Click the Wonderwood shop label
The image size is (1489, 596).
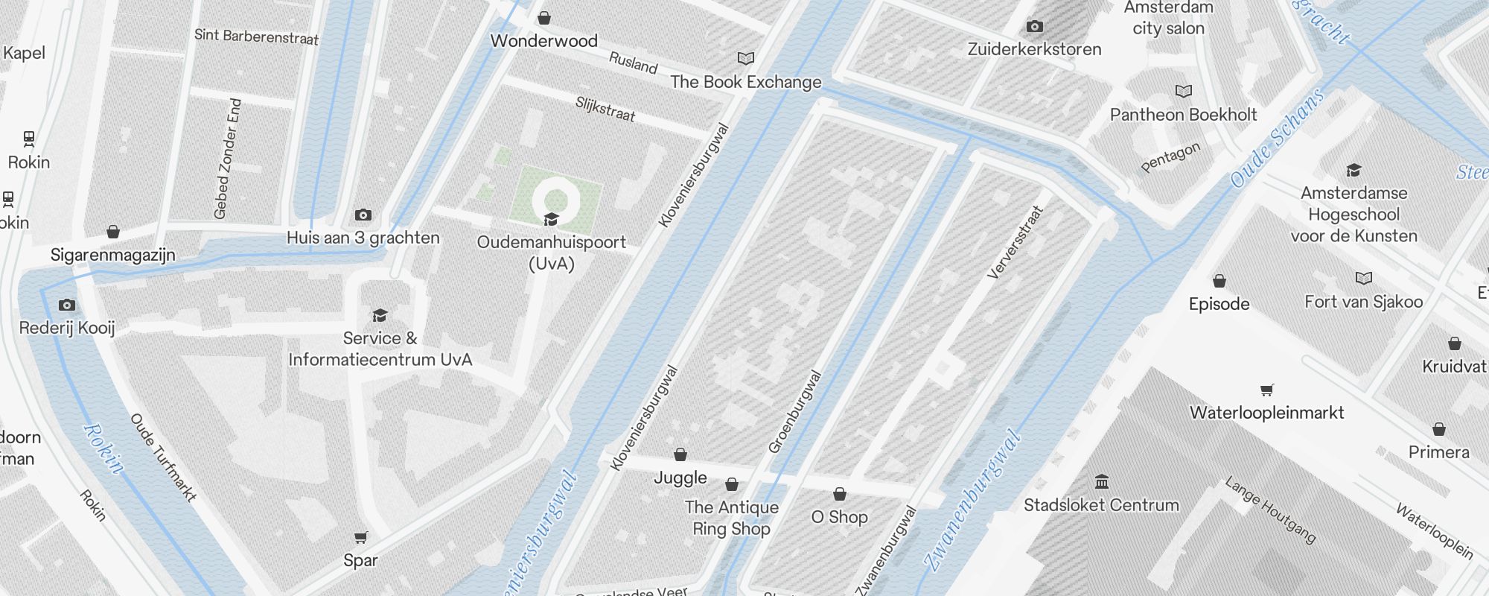pos(543,41)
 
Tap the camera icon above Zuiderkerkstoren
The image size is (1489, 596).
pos(1034,27)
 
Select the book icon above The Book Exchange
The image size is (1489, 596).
pos(745,58)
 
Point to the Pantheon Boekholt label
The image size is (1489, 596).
pos(1183,115)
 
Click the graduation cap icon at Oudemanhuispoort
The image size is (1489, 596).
pos(551,219)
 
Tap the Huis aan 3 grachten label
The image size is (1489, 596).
pos(363,238)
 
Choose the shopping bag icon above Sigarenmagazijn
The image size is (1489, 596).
pos(113,232)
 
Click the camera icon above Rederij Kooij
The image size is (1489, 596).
pos(67,305)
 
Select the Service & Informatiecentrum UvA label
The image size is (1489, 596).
pos(380,349)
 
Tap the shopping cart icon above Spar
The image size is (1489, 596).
pos(361,537)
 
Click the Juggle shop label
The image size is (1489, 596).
pos(680,478)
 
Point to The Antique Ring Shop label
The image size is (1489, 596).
pos(731,518)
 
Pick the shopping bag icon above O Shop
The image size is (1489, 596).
pos(840,494)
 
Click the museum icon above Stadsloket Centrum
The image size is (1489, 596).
pos(1102,481)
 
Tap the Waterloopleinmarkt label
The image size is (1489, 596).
pos(1266,413)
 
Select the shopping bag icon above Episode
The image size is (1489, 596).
pos(1219,281)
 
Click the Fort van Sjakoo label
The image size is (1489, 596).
pos(1363,302)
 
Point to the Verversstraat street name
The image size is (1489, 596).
pos(1015,242)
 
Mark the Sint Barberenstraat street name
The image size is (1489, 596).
pos(256,36)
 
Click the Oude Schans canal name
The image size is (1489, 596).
pos(1277,138)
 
